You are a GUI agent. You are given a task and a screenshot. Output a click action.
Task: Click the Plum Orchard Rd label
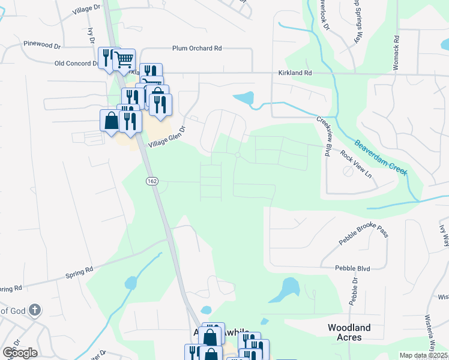click(196, 48)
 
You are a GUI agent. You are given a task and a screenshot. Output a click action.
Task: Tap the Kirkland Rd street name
click(295, 73)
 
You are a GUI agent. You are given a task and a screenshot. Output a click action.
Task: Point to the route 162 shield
click(149, 180)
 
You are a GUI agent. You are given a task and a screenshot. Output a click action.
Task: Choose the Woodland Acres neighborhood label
click(349, 332)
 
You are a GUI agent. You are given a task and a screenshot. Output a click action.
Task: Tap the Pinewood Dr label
click(41, 44)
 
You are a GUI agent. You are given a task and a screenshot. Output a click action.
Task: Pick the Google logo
click(20, 352)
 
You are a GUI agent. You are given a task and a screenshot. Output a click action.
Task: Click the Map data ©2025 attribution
click(423, 355)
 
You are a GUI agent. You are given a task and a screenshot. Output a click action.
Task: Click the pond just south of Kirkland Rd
click(244, 98)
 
